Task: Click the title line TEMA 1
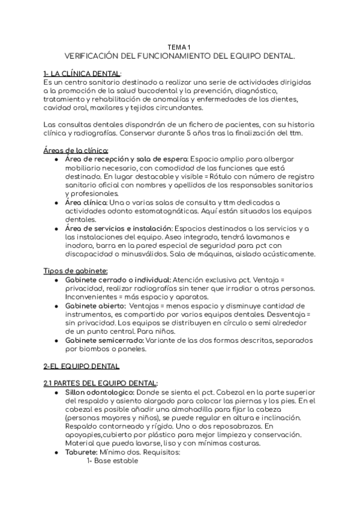pyautogui.click(x=180, y=47)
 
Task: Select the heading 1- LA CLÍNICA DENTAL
pyautogui.click(x=82, y=73)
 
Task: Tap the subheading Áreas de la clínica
pyautogui.click(x=76, y=150)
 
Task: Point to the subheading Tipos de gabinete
pyautogui.click(x=76, y=271)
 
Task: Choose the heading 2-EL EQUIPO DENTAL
pyautogui.click(x=82, y=366)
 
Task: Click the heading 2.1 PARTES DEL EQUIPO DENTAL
pyautogui.click(x=101, y=383)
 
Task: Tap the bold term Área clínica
pyautogui.click(x=86, y=202)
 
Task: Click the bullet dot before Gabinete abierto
pyautogui.click(x=56, y=306)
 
